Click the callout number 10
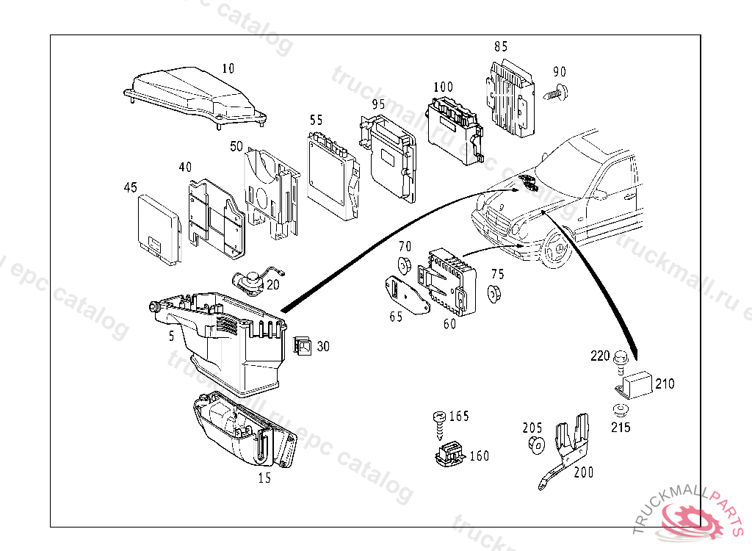point(228,68)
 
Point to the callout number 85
point(501,46)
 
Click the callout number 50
point(236,147)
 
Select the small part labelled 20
point(251,280)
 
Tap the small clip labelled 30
point(303,345)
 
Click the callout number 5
point(171,336)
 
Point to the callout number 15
point(264,478)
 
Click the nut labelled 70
point(404,265)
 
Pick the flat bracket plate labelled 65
point(405,295)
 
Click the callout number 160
point(479,456)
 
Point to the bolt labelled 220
point(620,360)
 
